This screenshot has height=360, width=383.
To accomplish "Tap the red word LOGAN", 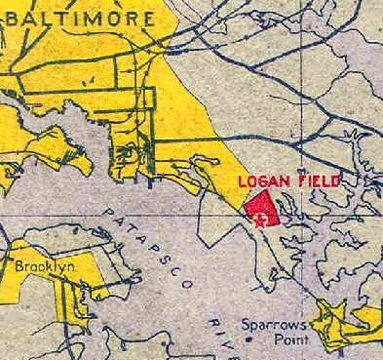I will (x=260, y=183).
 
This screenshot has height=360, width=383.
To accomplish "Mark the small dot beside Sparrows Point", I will (x=249, y=340).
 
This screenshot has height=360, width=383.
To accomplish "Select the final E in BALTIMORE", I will (x=147, y=19).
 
